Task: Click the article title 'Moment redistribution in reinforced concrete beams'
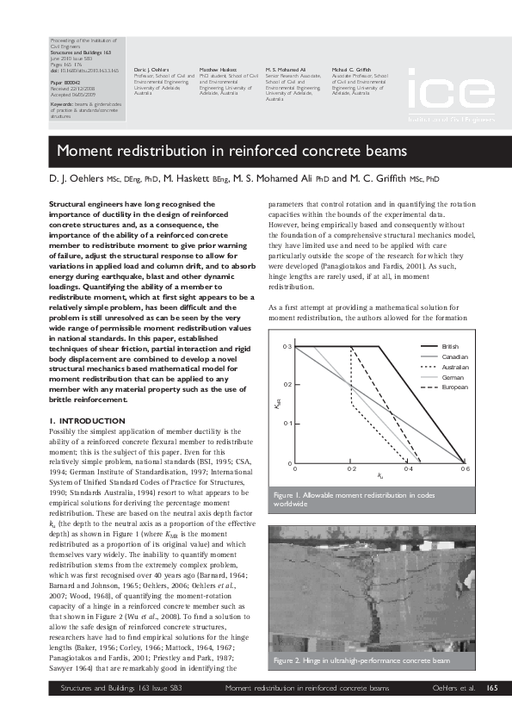(x=231, y=152)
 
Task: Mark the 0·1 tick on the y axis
(x=289, y=424)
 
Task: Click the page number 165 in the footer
(x=492, y=688)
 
